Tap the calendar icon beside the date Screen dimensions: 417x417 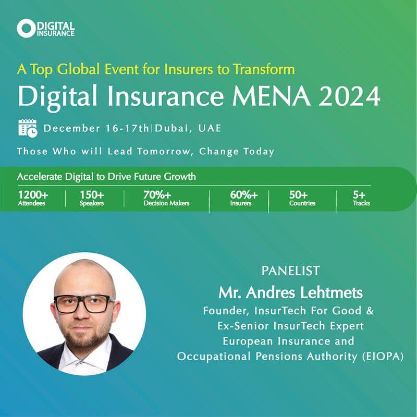[x=28, y=128]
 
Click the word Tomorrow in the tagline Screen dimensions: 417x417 [x=168, y=152]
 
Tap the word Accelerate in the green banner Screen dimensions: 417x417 [x=39, y=176]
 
